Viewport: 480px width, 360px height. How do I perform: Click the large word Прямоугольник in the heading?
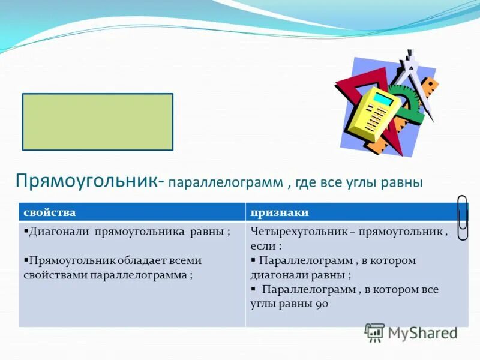click(87, 181)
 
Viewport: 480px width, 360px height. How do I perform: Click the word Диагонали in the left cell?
click(59, 232)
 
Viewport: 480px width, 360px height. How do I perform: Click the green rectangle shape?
click(98, 122)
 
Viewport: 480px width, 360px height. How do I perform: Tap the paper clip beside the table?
click(463, 217)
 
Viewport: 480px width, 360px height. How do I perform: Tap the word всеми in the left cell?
click(184, 261)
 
